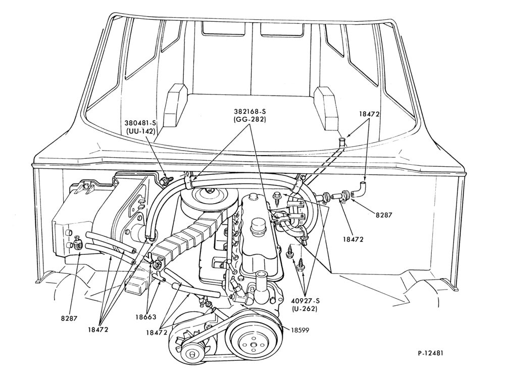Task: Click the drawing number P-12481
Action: click(430, 353)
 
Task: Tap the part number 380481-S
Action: click(140, 123)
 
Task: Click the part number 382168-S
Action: click(250, 112)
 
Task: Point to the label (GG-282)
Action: click(250, 120)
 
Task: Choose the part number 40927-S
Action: click(305, 301)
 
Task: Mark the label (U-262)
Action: click(305, 309)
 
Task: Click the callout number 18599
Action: click(300, 330)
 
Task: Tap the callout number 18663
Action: click(145, 317)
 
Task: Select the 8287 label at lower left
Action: click(69, 318)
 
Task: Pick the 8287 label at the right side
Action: click(384, 214)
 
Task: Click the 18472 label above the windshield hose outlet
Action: click(369, 114)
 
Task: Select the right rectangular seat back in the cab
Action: click(326, 108)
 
